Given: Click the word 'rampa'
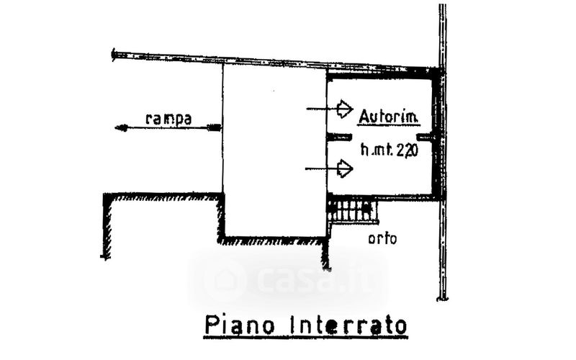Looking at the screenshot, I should pyautogui.click(x=168, y=119).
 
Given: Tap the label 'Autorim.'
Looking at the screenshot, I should pyautogui.click(x=390, y=115).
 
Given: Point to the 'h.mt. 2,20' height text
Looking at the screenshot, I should pyautogui.click(x=390, y=151).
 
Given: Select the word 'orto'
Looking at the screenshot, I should pyautogui.click(x=382, y=240).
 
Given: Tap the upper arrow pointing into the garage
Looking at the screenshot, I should pyautogui.click(x=344, y=109).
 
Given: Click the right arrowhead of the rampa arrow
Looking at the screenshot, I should pyautogui.click(x=215, y=127).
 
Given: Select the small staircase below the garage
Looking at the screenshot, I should pyautogui.click(x=353, y=211).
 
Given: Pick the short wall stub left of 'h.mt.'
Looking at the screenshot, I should pyautogui.click(x=339, y=136).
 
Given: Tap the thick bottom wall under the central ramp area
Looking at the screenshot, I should pyautogui.click(x=274, y=239).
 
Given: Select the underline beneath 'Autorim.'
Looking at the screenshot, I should pyautogui.click(x=390, y=125).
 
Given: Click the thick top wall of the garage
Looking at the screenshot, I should pyautogui.click(x=382, y=73).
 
